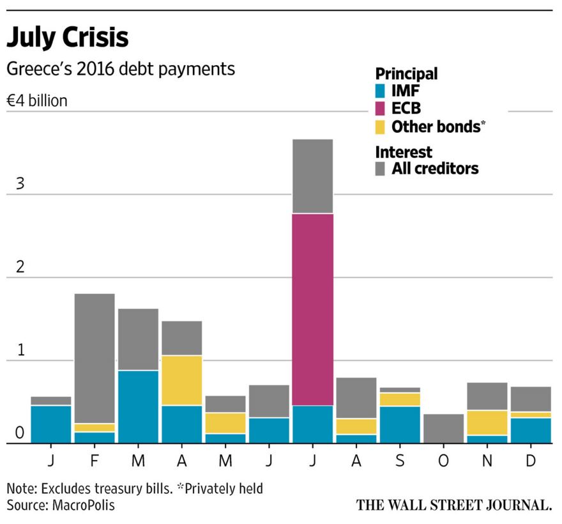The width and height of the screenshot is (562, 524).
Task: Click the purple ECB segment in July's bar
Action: [x=312, y=309]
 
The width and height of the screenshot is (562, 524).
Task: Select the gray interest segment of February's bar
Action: [x=95, y=358]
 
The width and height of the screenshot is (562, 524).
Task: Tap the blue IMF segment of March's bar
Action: [x=138, y=406]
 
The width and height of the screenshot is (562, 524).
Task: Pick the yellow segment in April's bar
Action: [x=181, y=380]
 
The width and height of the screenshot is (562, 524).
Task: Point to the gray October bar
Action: [x=443, y=428]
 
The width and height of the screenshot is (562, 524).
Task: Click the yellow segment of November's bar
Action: [x=487, y=422]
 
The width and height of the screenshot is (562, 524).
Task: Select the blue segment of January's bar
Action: [x=51, y=424]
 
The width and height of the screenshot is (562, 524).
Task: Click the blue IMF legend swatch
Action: [x=381, y=91]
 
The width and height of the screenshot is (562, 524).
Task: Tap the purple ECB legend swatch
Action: [x=381, y=109]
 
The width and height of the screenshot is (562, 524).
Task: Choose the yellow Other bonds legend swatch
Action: [x=381, y=126]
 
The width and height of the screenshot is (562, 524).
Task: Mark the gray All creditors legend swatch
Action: [x=381, y=169]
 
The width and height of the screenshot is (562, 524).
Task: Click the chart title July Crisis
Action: [x=67, y=38]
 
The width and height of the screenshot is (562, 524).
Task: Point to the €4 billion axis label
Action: [x=37, y=101]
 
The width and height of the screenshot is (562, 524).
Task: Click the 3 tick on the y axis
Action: [x=20, y=184]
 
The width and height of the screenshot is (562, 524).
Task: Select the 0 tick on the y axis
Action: [x=20, y=433]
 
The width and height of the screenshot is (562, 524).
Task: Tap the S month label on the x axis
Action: [x=399, y=461]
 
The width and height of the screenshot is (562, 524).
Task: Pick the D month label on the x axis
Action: [x=530, y=461]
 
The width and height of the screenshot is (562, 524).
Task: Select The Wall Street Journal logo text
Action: [x=453, y=505]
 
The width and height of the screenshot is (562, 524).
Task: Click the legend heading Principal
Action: [x=406, y=73]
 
